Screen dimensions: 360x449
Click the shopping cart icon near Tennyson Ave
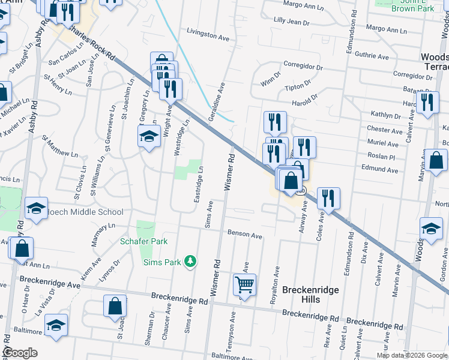(244, 285)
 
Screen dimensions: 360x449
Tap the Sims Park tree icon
(190, 261)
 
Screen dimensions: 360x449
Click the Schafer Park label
(143, 241)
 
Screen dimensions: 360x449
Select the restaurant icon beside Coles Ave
(328, 199)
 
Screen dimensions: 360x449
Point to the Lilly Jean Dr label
(291, 22)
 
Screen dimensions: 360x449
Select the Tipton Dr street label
(298, 87)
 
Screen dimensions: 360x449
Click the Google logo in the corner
(20, 353)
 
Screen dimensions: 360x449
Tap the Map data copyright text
(411, 355)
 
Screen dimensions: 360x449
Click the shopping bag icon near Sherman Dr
(115, 306)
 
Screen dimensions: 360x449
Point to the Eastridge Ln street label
(198, 184)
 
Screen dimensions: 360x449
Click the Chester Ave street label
(384, 130)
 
